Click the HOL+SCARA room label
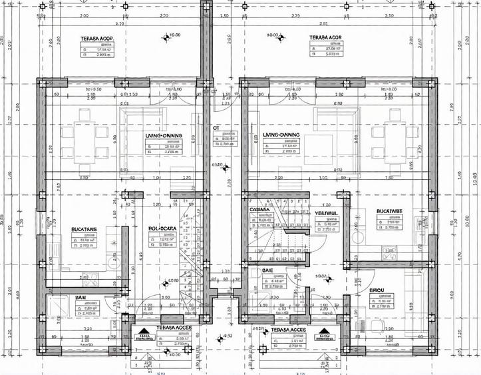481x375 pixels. [x=162, y=228]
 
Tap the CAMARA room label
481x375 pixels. [x=259, y=210]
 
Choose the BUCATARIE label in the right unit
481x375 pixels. [x=389, y=210]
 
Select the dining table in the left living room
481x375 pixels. [x=84, y=141]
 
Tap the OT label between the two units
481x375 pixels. [x=216, y=127]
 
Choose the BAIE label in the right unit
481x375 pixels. [x=268, y=271]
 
